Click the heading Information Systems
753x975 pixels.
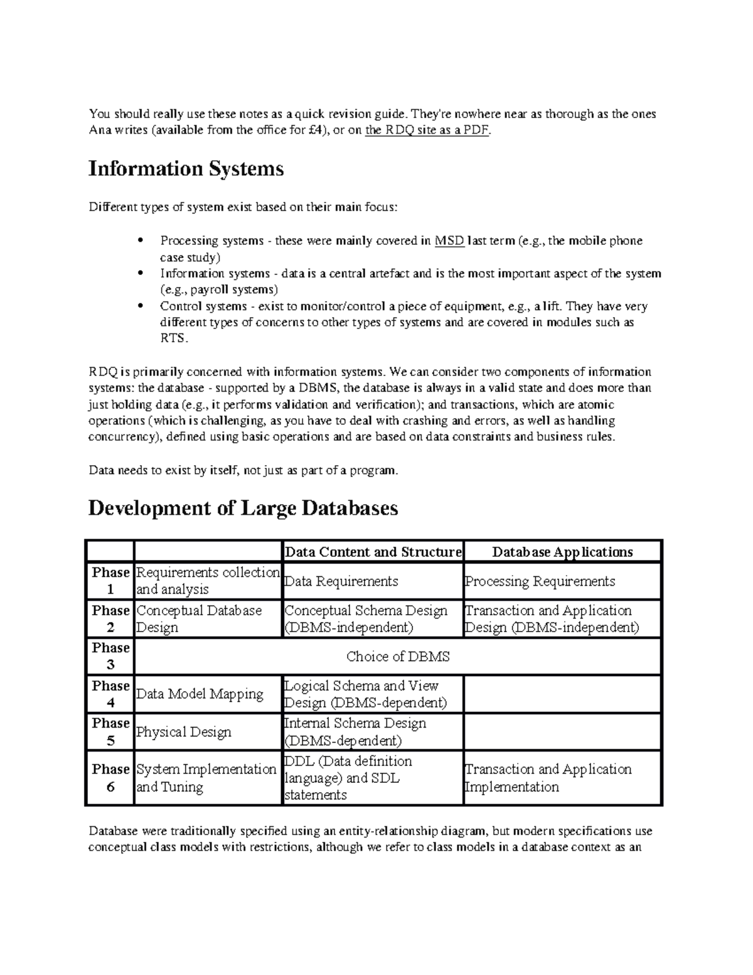coord(186,169)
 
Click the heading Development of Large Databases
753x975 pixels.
coord(243,507)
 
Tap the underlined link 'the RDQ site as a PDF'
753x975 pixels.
coord(427,131)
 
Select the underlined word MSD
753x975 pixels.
coord(449,240)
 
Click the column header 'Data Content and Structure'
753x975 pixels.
coord(373,552)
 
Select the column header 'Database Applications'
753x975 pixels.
coord(562,552)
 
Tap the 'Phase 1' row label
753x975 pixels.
coord(110,581)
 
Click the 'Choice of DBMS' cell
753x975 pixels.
coord(398,657)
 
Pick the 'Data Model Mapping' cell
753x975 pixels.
coord(200,694)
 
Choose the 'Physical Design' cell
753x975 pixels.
coord(184,732)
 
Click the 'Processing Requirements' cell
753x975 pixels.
coord(540,581)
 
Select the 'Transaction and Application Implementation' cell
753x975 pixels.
coord(548,778)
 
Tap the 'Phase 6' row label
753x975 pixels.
coord(110,778)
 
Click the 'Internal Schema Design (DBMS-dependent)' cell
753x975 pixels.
coord(355,732)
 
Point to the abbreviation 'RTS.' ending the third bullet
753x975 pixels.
coord(174,338)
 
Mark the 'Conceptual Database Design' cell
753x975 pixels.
coord(199,619)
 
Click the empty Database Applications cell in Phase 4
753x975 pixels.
coord(562,694)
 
